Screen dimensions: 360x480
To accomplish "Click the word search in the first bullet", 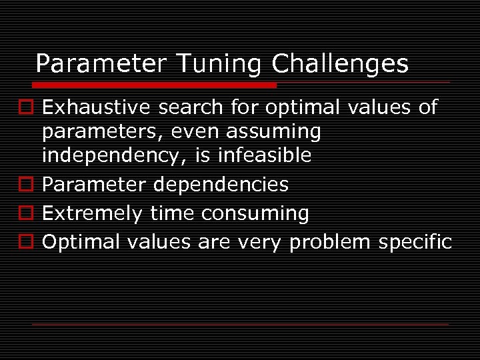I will pyautogui.click(x=191, y=107).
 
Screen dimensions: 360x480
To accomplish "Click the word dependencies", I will pyautogui.click(x=226, y=184).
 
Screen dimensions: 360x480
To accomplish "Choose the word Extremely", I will pyautogui.click(x=92, y=213).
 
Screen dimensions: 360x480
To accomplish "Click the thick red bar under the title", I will pyautogui.click(x=154, y=85).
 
